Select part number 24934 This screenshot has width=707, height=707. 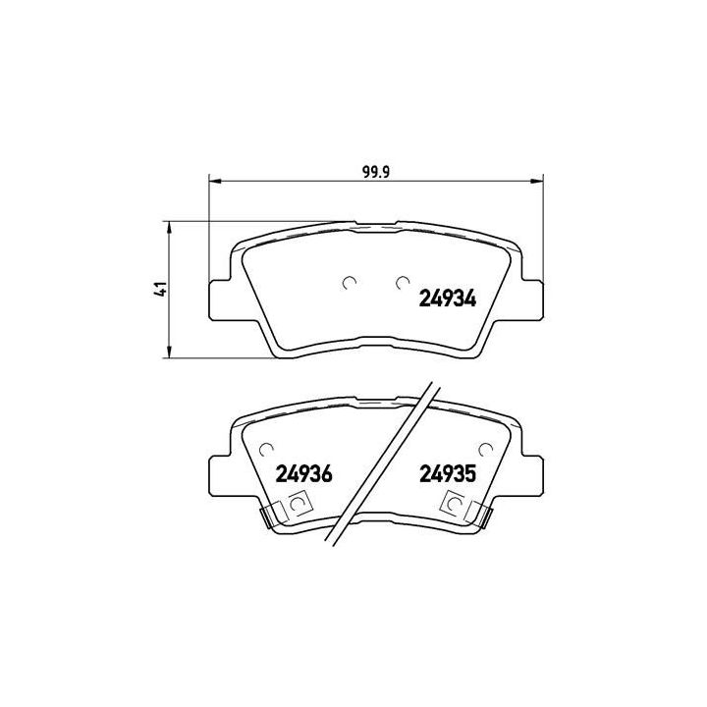tap(448, 299)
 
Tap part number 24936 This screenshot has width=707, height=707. tap(305, 473)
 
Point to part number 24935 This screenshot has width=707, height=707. tap(448, 473)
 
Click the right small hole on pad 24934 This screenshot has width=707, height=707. tap(400, 283)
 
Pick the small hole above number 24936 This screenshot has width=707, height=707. tap(265, 450)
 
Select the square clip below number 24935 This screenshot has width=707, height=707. tap(454, 506)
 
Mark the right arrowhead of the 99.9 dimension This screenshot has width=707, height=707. tap(538, 181)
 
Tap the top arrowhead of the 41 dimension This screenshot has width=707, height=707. tap(171, 227)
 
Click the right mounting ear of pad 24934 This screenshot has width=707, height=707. tap(529, 299)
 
